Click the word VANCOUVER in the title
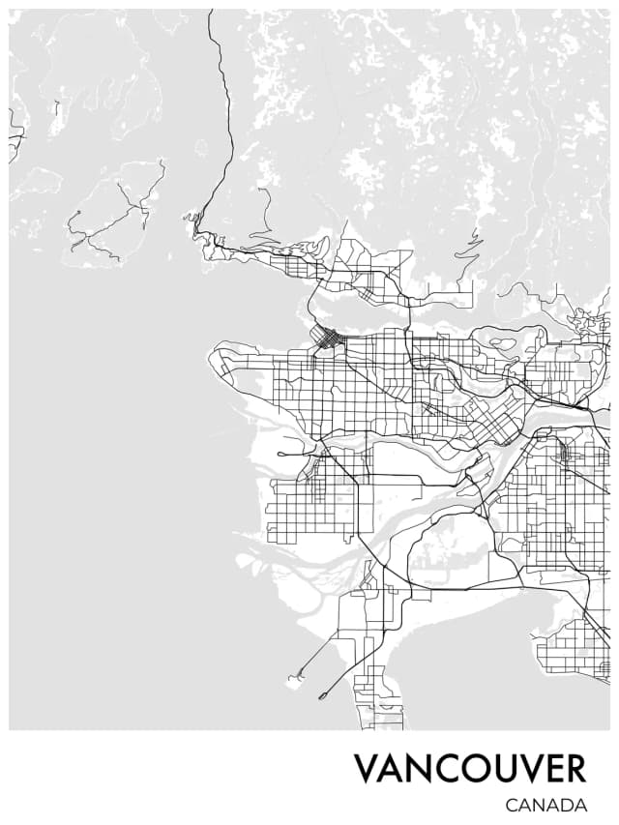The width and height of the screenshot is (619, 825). (469, 769)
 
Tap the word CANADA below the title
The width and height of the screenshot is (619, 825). (545, 805)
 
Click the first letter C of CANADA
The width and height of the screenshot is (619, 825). (512, 805)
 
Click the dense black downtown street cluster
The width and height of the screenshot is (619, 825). (329, 339)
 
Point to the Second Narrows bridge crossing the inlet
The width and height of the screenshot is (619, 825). (409, 307)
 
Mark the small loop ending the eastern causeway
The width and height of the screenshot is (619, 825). (323, 694)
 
